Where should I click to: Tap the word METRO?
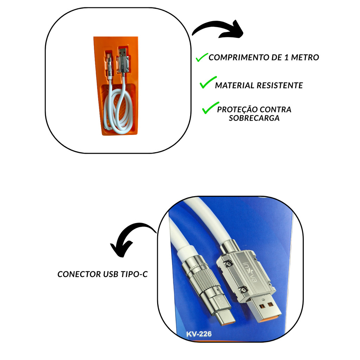coord(305,57)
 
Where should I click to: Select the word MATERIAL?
coord(234,85)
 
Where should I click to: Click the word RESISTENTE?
coord(279,85)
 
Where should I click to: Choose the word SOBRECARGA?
coord(254,118)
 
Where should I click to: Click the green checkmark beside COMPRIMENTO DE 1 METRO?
coord(202,57)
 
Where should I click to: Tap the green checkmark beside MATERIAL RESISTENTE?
coord(208,82)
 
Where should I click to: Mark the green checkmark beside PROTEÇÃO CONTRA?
coord(210,108)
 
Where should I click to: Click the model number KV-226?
coord(199,334)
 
